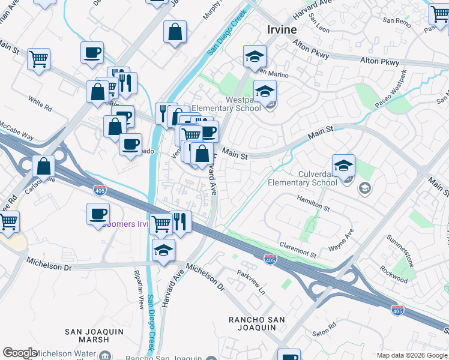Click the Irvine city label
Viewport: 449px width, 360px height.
tap(282, 29)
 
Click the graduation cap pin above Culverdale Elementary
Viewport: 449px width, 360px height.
tap(343, 166)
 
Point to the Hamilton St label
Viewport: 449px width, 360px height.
tap(313, 203)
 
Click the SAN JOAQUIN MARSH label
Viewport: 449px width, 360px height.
tap(94, 335)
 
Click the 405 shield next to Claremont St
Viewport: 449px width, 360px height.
tap(270, 259)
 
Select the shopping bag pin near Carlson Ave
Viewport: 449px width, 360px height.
tap(43, 166)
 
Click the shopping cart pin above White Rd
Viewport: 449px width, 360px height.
tap(38, 59)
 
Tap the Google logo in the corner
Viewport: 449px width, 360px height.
tap(19, 353)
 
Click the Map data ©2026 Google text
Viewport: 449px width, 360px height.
tap(412, 355)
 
